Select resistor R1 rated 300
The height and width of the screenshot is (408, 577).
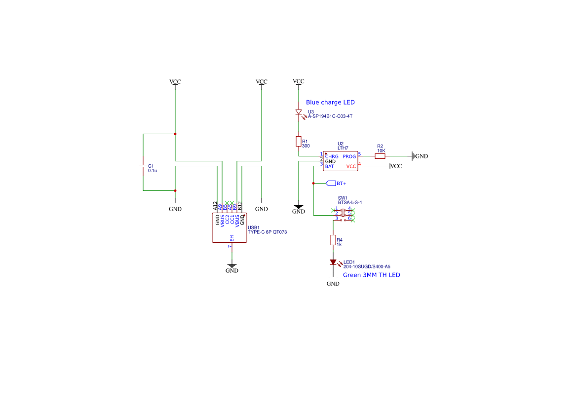(299, 142)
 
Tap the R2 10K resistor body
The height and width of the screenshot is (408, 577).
(380, 156)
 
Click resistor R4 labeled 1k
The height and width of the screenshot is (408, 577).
(333, 240)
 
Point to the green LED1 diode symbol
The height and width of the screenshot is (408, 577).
(333, 262)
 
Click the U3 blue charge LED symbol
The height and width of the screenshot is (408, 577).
(299, 112)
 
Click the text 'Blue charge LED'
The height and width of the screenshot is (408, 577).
(330, 103)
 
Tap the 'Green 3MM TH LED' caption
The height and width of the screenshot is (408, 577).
(371, 275)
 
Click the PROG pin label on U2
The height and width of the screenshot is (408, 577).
(349, 156)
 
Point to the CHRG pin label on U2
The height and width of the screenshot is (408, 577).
(332, 156)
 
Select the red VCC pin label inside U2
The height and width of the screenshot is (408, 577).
(351, 167)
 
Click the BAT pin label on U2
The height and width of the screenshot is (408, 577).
(329, 167)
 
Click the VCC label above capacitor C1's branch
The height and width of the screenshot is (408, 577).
(175, 82)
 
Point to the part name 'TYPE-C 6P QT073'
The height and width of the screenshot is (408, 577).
(267, 232)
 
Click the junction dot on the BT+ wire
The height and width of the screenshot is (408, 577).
(313, 183)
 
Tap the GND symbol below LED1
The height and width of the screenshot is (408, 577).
(333, 281)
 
